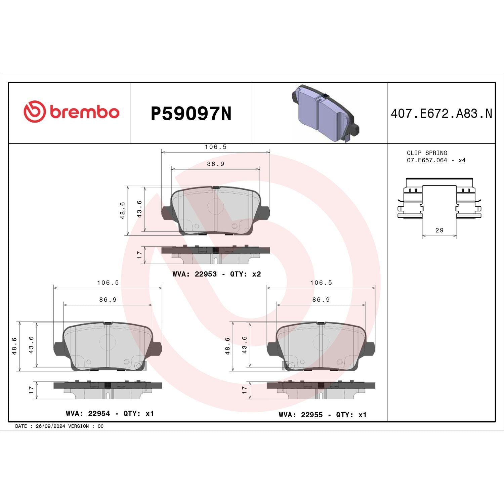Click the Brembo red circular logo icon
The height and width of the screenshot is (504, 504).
pos(34,112)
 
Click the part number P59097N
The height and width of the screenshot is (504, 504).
pos(191,114)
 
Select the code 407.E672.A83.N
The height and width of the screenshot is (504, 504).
pos(441,114)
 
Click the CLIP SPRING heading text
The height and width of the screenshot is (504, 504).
pos(427,153)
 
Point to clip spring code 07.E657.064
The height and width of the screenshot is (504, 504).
pos(427,160)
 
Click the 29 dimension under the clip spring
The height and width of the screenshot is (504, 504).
pos(439,230)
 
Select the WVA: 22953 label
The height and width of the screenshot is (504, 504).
pos(195,274)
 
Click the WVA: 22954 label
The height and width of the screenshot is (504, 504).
pos(88,414)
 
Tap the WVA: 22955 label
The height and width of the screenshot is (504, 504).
pos(301,415)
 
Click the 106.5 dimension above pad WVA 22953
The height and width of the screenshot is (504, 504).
pos(216,147)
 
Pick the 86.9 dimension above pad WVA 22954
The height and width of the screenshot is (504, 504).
pos(108,300)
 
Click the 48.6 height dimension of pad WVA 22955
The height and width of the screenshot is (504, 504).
pos(227,346)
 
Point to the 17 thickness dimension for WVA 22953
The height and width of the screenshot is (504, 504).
pos(139,255)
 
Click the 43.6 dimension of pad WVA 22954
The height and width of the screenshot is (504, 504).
pos(31,345)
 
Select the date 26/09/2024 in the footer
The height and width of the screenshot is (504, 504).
pos(50,426)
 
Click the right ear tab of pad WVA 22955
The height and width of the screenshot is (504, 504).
pos(370,348)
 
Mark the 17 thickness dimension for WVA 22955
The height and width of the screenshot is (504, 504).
pos(244,390)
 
